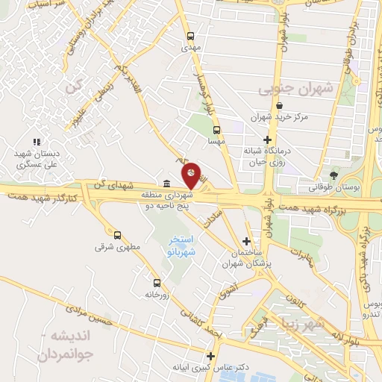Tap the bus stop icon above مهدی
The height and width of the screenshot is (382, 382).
[x=192, y=35]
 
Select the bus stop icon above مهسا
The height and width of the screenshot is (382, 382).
[x=216, y=128]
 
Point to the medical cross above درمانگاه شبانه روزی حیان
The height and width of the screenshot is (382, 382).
[x=267, y=140]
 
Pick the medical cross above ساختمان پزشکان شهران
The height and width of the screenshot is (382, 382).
[x=247, y=242]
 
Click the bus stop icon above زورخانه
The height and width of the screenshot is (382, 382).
[x=157, y=283]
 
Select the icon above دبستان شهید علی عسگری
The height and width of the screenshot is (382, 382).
[x=36, y=142]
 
